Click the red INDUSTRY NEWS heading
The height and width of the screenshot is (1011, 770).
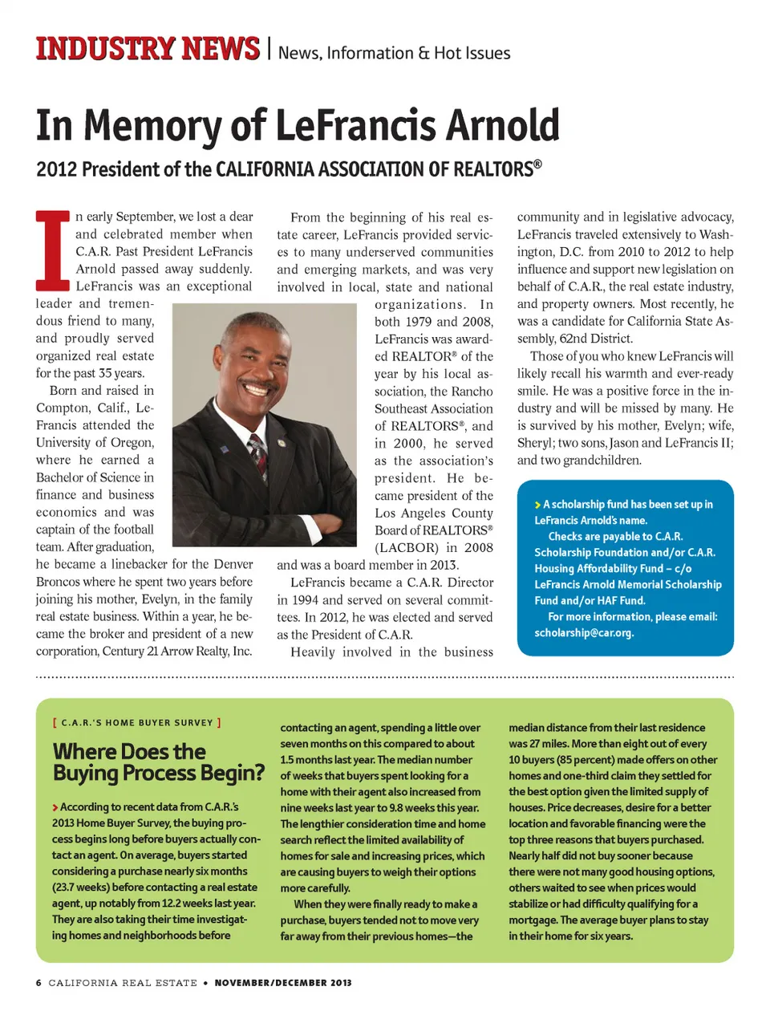tap(148, 49)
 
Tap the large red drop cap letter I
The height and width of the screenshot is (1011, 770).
tap(53, 250)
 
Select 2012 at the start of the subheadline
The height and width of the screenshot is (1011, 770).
tap(56, 169)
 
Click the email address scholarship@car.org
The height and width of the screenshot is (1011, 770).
tap(584, 632)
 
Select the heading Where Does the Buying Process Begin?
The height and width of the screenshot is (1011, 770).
tap(158, 762)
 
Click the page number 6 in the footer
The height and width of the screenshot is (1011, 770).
tap(38, 982)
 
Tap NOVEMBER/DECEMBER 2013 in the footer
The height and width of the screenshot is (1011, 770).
tap(282, 982)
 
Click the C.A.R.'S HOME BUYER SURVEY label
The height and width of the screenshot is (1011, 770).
tap(136, 722)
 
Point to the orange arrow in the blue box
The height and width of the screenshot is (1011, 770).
tap(537, 505)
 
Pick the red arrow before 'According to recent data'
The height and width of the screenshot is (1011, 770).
tap(55, 807)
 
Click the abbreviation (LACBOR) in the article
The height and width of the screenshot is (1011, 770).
tap(406, 547)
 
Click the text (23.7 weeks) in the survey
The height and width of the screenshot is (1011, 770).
tap(80, 887)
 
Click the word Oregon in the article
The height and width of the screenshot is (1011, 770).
tap(132, 442)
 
